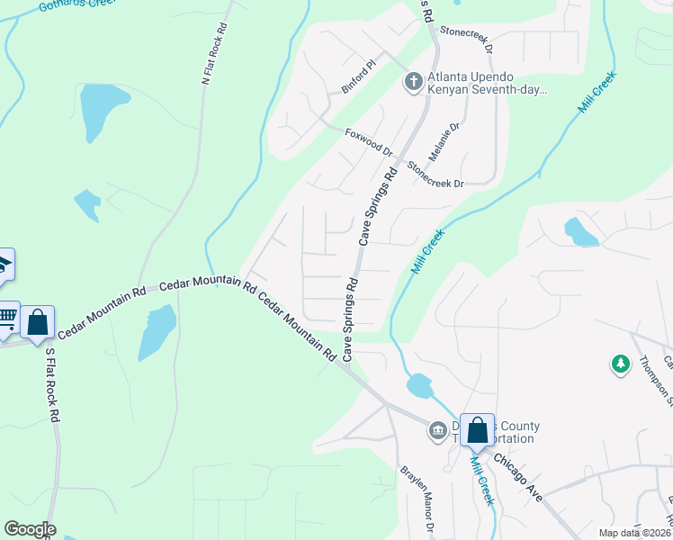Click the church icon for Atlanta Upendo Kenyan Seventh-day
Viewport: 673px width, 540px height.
(x=413, y=83)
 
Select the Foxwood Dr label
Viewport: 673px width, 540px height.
(x=369, y=142)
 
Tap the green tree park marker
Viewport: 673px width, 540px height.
(x=620, y=364)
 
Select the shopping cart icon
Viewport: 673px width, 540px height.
(x=7, y=316)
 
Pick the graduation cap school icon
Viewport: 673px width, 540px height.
(x=4, y=263)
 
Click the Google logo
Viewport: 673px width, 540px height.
(x=29, y=529)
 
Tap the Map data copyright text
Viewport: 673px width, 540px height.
(x=633, y=533)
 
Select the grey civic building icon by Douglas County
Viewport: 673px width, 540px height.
(x=438, y=431)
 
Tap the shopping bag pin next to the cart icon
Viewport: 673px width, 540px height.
(x=38, y=322)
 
